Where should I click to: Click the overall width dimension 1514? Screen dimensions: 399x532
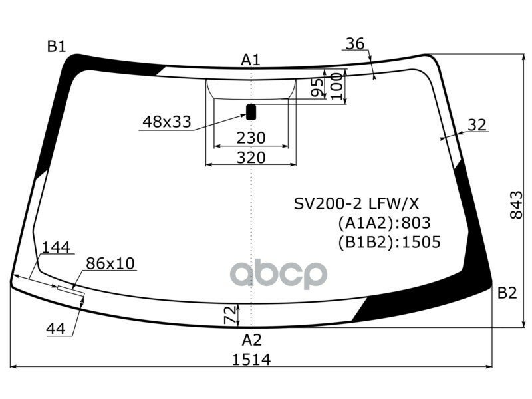point(251,359)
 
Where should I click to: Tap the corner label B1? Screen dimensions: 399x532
point(56,46)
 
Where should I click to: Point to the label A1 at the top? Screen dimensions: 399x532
point(250,60)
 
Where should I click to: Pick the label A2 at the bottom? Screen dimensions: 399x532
point(251,340)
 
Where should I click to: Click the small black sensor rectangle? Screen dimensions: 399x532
point(251,112)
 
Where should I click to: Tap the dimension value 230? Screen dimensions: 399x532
point(251,138)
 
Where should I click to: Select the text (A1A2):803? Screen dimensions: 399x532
point(384,223)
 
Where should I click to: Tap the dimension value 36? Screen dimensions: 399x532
point(355,44)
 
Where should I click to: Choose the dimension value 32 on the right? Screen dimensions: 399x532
point(476,124)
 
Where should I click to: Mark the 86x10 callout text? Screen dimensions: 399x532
point(110,263)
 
